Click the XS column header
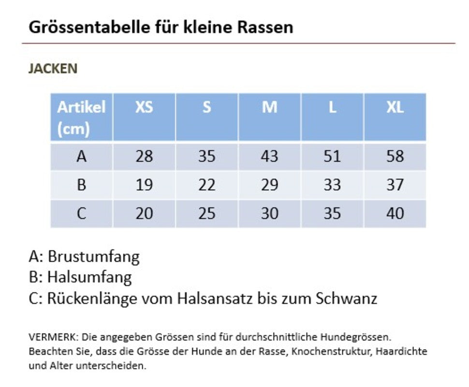point(144,107)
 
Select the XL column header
point(395,107)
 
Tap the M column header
point(269,107)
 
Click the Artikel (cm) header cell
point(81,118)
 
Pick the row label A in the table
point(82,157)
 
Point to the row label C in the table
point(82,213)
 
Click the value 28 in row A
point(144,157)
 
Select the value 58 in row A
point(395,157)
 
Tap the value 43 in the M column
point(269,157)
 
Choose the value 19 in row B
point(144,185)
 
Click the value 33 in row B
point(332,185)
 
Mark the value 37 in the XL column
point(395,185)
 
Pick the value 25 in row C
point(206,213)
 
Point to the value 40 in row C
point(395,213)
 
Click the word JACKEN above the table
point(53,69)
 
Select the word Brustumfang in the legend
point(93,257)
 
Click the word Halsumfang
point(89,277)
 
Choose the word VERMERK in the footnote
point(53,336)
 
